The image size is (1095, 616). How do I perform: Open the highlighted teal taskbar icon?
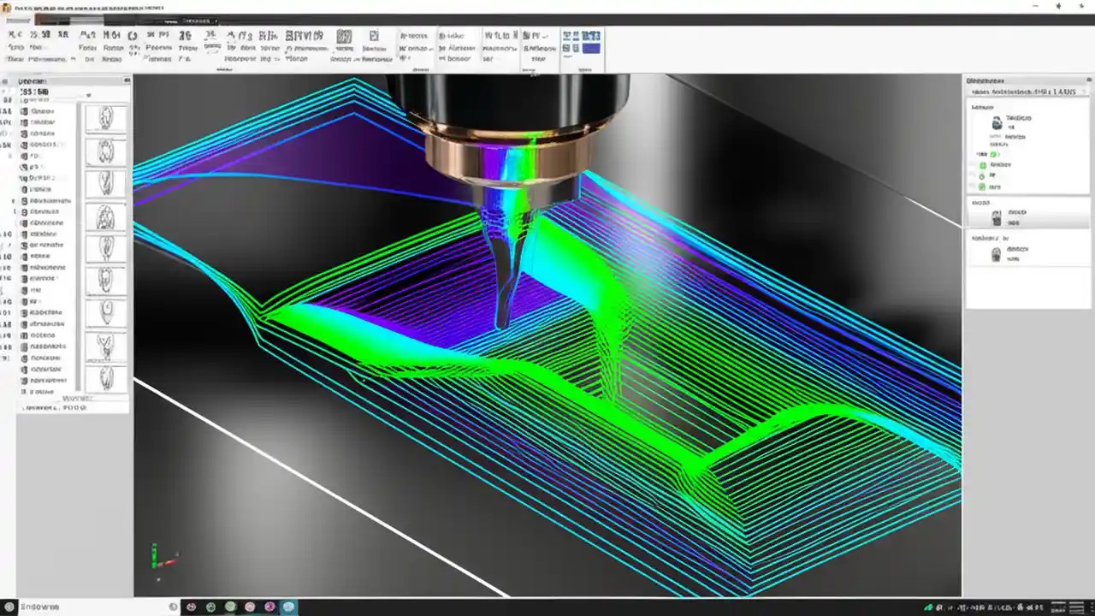[x=289, y=607]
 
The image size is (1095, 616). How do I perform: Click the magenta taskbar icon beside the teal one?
[x=269, y=607]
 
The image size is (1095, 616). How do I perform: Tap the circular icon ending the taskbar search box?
[x=174, y=607]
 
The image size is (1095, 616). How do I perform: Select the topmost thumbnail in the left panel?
[x=106, y=118]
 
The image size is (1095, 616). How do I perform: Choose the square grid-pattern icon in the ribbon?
[x=344, y=37]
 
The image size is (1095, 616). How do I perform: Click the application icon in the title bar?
[x=8, y=8]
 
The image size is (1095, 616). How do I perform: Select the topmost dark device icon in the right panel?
[x=997, y=123]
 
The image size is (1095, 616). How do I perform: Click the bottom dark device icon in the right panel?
[x=996, y=254]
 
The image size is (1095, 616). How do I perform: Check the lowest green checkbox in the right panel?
[x=982, y=186]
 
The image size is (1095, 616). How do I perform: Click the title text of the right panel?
[x=985, y=80]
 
